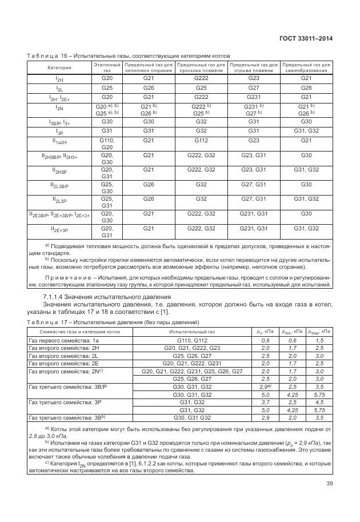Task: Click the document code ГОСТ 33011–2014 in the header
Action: pos(307,39)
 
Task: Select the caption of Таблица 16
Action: pos(128,56)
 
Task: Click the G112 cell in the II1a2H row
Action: pos(201,140)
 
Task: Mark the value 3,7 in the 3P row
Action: pos(265,402)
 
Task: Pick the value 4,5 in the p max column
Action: pos(319,402)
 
